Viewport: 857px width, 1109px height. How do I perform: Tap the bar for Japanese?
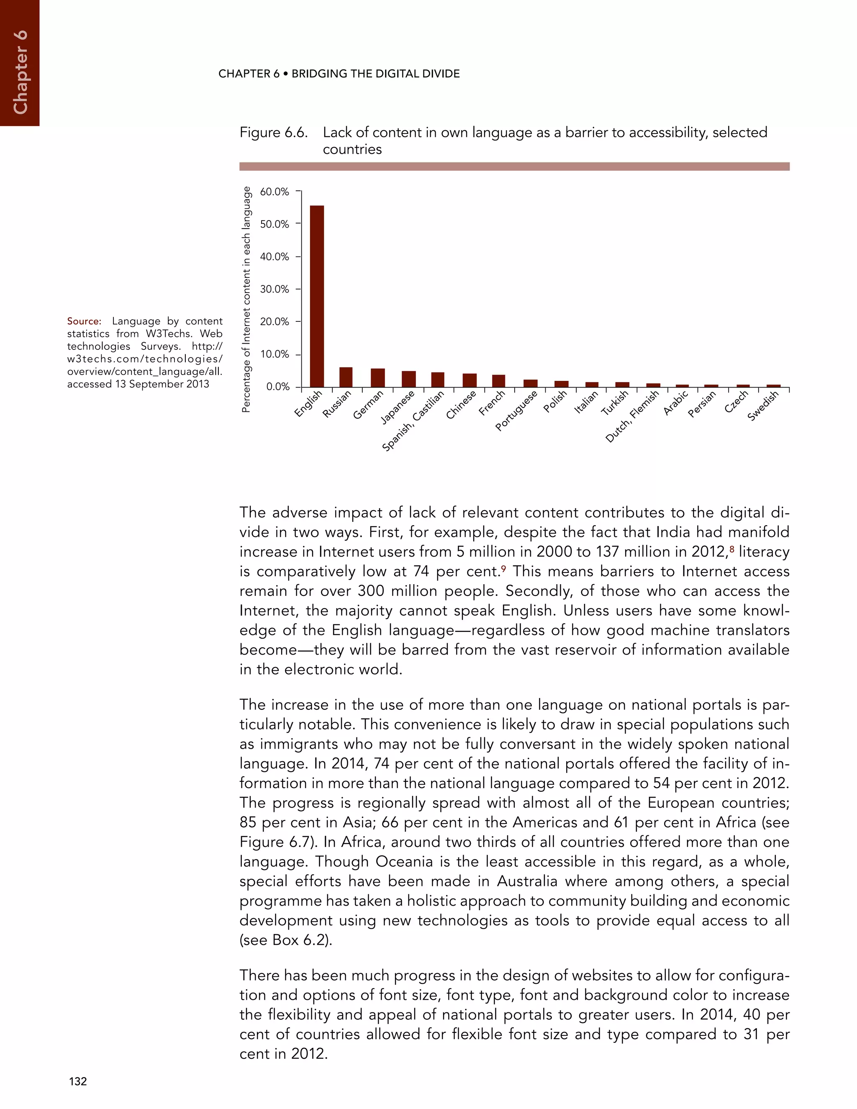[x=409, y=379]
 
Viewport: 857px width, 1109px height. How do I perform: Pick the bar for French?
[x=498, y=381]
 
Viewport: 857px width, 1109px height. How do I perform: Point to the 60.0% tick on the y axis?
[x=274, y=192]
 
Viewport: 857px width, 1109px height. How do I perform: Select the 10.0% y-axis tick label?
[x=274, y=354]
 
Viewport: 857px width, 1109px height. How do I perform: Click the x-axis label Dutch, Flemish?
[x=633, y=416]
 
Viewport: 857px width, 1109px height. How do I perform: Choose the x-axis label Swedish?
[x=763, y=405]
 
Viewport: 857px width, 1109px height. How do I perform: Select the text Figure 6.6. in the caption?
[x=274, y=133]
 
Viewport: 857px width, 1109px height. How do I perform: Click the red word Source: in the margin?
[x=84, y=321]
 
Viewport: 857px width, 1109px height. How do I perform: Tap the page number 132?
[x=78, y=1081]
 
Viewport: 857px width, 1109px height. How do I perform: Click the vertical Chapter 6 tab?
[x=19, y=71]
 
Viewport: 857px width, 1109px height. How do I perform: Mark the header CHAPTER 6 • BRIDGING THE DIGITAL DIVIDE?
[x=339, y=74]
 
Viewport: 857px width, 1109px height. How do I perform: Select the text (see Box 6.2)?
[x=286, y=940]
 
